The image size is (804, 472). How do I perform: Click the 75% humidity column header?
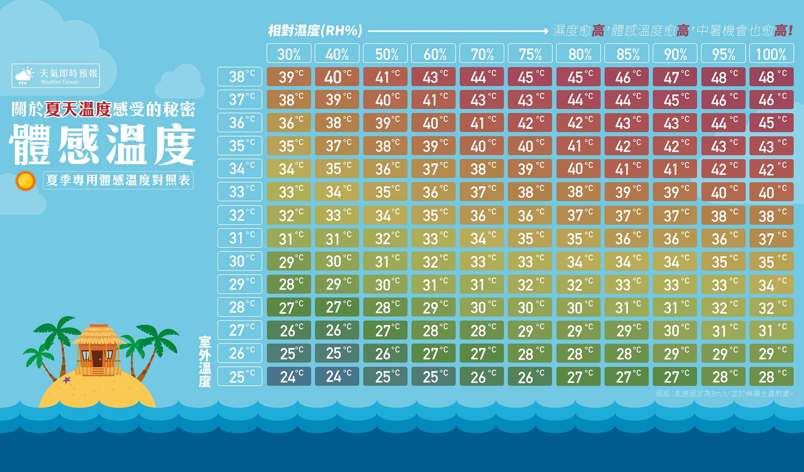tap(530, 53)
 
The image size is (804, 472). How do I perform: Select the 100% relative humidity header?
tap(771, 53)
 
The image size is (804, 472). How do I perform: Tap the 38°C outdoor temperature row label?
tap(240, 77)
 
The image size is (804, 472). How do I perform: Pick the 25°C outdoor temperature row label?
tap(240, 377)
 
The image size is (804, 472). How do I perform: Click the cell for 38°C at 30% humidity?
tap(289, 77)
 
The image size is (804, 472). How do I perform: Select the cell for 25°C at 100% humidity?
tap(771, 377)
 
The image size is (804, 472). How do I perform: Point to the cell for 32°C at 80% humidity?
tap(578, 215)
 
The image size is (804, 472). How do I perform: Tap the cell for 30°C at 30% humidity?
tap(289, 261)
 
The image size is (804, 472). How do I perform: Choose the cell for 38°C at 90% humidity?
tap(675, 77)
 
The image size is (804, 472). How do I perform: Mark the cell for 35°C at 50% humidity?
tap(385, 146)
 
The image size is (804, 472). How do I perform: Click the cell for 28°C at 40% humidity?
tap(337, 307)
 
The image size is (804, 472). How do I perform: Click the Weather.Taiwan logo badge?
tap(56, 76)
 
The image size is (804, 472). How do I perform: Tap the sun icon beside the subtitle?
tap(26, 181)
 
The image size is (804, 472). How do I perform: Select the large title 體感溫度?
tap(102, 144)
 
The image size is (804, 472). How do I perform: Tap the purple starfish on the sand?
tap(67, 379)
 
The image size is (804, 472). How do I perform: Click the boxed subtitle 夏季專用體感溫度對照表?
tap(118, 180)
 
